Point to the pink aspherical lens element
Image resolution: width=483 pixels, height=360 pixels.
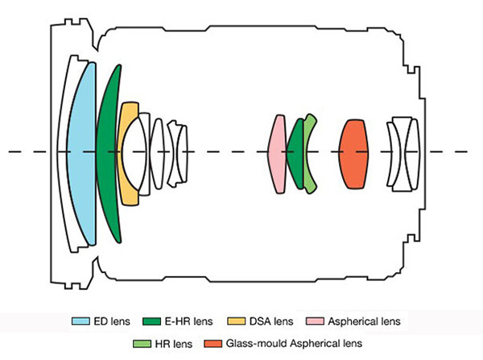(277, 153)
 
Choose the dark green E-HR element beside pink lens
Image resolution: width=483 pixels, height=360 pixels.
(295, 153)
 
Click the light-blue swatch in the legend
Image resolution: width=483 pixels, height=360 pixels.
(78, 321)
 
